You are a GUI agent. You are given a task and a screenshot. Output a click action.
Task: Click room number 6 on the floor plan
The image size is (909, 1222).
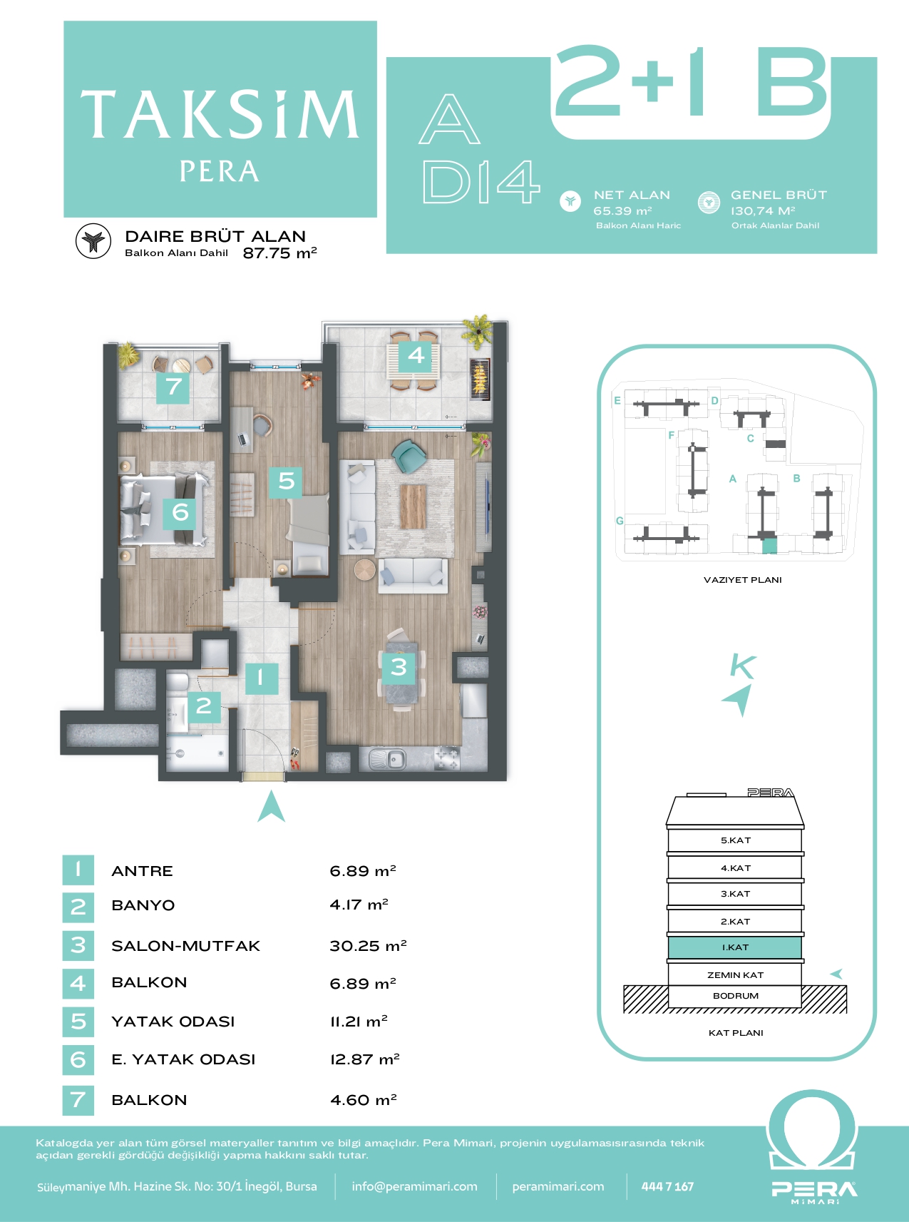[180, 511]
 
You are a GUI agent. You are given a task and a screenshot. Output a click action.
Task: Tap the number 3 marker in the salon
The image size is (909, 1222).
[399, 667]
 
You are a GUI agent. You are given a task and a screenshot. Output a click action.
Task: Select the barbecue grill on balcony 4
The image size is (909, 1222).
[480, 378]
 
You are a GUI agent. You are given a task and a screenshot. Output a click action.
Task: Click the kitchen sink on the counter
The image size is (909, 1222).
[387, 759]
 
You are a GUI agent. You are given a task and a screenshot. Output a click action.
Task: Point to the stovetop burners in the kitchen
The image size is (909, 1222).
[448, 758]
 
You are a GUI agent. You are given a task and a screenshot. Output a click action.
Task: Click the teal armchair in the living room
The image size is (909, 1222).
[409, 455]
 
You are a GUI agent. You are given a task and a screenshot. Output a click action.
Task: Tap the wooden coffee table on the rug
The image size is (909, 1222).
[413, 506]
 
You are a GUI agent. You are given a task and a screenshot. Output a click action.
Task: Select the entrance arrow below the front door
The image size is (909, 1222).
[271, 806]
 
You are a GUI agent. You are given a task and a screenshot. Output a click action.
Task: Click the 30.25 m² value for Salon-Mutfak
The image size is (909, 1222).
[368, 946]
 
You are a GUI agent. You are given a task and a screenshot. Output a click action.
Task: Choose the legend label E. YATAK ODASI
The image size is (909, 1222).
[183, 1059]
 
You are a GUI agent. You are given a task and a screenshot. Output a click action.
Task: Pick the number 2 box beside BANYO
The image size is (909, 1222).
[78, 907]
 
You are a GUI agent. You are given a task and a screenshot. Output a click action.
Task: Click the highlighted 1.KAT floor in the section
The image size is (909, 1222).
[735, 947]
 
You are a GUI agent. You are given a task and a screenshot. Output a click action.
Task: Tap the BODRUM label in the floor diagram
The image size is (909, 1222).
[736, 996]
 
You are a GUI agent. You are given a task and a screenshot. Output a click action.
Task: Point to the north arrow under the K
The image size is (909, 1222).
[739, 698]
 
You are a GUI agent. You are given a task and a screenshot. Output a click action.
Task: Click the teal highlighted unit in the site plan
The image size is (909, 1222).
[769, 546]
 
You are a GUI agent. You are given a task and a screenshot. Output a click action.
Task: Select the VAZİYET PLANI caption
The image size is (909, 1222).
[742, 580]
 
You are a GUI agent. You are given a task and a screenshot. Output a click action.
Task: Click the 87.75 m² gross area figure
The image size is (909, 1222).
[279, 253]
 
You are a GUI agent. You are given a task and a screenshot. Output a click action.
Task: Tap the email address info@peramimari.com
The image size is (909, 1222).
[414, 1186]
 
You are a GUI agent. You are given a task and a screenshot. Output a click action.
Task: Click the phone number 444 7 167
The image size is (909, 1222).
[667, 1186]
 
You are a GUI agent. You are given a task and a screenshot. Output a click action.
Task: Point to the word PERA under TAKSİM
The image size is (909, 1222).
[219, 171]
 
